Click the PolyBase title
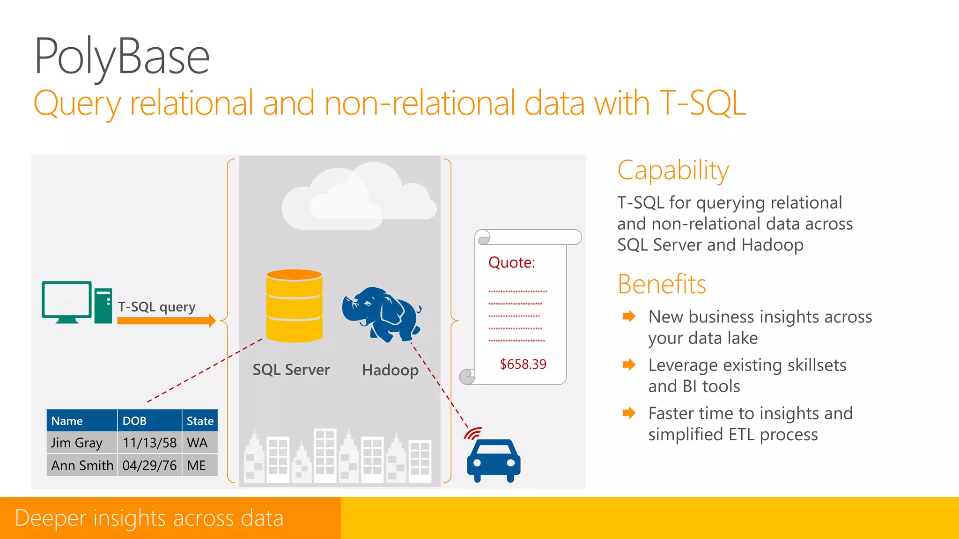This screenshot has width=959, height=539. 122,57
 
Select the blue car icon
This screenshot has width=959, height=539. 494,460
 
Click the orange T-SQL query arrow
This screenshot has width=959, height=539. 166,320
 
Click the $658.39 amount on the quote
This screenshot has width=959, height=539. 523,364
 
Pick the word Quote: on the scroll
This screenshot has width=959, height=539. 511,262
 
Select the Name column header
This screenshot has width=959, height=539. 67,421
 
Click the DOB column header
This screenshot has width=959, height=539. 135,421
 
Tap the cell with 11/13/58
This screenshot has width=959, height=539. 149,443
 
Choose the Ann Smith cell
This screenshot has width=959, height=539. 82,466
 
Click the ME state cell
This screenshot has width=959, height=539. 196,466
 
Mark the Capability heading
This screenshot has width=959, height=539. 673,170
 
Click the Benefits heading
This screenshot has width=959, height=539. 661,284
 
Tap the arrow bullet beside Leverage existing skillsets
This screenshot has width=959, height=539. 629,364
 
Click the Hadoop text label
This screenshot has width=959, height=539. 390,370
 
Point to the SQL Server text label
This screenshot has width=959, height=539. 291,370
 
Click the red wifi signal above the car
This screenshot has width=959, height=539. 473,433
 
